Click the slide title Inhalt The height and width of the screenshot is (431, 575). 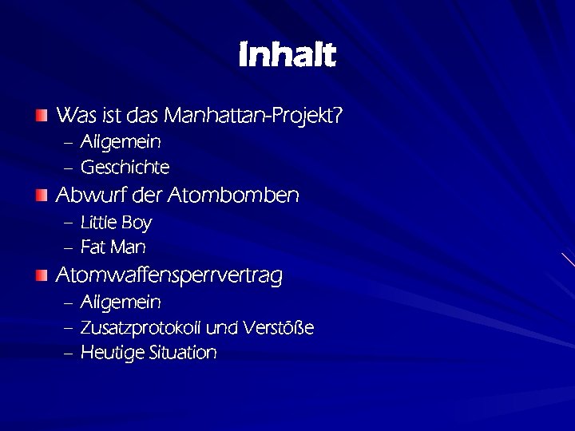point(287,56)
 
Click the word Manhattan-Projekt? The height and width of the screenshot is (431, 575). point(253,117)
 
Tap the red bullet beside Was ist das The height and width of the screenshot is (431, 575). point(42,117)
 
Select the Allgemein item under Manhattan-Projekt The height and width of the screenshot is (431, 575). point(121,143)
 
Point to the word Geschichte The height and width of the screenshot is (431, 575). point(125,168)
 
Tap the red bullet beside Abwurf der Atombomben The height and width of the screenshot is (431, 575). point(42,196)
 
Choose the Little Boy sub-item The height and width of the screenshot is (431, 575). point(116,223)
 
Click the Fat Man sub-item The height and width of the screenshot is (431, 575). point(113,248)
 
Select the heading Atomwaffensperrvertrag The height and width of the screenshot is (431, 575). point(169,276)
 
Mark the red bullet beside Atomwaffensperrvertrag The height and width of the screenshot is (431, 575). point(42,276)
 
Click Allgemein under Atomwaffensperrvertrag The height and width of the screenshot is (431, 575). point(121,303)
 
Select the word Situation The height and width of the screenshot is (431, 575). point(183,354)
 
